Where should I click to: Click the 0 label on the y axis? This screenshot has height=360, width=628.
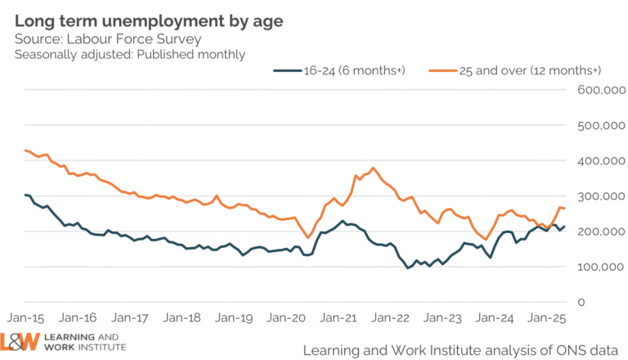click(x=582, y=303)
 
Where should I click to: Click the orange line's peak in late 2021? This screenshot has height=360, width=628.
click(x=374, y=169)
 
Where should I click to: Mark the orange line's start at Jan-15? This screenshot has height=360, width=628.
click(x=25, y=150)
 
